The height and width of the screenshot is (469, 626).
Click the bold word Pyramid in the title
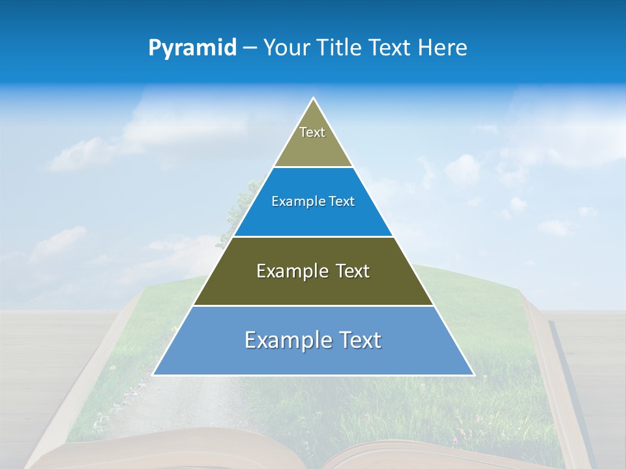192,48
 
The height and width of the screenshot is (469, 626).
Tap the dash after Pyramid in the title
250,48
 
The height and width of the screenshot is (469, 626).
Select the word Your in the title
286,48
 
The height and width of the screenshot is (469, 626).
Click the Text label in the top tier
312,132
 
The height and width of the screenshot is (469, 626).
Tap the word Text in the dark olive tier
353,271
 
